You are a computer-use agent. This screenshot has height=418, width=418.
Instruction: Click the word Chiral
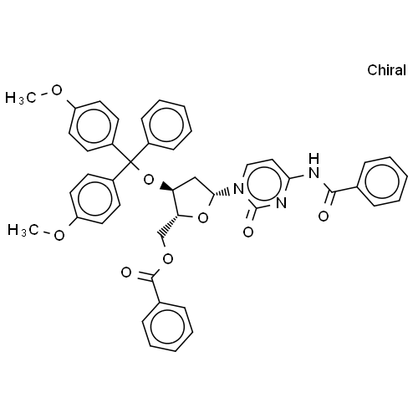coord(386,70)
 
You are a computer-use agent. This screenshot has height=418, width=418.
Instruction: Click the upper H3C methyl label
coord(21,98)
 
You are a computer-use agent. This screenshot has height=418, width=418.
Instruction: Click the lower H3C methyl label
coord(23,230)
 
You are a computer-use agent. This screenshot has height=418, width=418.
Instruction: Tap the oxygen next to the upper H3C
coord(57,90)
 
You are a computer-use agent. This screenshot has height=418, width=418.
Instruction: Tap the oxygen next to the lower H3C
coord(59,236)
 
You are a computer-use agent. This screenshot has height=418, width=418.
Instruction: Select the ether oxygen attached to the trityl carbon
coord(149,180)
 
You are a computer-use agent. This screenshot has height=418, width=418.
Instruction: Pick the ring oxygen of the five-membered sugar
coord(203,218)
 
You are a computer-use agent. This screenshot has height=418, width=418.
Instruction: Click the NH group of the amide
coord(314,166)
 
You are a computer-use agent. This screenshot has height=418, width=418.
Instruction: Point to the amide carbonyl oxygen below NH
coord(324,217)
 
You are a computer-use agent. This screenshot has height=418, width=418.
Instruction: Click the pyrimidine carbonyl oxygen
coord(248,232)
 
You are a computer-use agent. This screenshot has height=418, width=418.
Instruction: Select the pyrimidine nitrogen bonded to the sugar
coord(238,189)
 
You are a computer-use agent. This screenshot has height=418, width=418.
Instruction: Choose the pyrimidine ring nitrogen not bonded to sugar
coord(282,203)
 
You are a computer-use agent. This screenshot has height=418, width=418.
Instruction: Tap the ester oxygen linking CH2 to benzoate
coord(168,259)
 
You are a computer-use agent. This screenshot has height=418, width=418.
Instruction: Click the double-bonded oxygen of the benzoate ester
coord(126,273)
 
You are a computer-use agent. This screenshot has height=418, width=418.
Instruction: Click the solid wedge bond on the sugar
coord(167,187)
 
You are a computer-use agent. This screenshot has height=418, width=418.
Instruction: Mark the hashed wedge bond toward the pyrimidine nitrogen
coord(222,193)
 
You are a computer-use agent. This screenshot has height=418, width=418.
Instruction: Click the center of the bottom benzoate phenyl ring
coord(167,326)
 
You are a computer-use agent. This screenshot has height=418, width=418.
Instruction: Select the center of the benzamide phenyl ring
coord(382,181)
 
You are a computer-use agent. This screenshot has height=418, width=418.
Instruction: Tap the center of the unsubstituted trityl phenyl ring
coord(166,125)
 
